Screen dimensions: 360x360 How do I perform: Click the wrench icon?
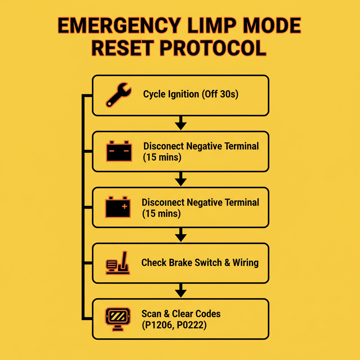click(x=118, y=95)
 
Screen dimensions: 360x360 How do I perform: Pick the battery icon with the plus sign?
click(x=118, y=207)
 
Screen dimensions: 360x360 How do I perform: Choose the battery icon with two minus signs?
click(x=119, y=151)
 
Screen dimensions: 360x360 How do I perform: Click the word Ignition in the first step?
click(x=182, y=95)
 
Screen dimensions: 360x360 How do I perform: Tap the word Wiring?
click(x=245, y=263)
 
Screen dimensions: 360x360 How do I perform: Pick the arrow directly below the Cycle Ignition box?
click(x=180, y=124)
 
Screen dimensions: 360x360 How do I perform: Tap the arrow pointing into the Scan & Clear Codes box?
click(x=180, y=291)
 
